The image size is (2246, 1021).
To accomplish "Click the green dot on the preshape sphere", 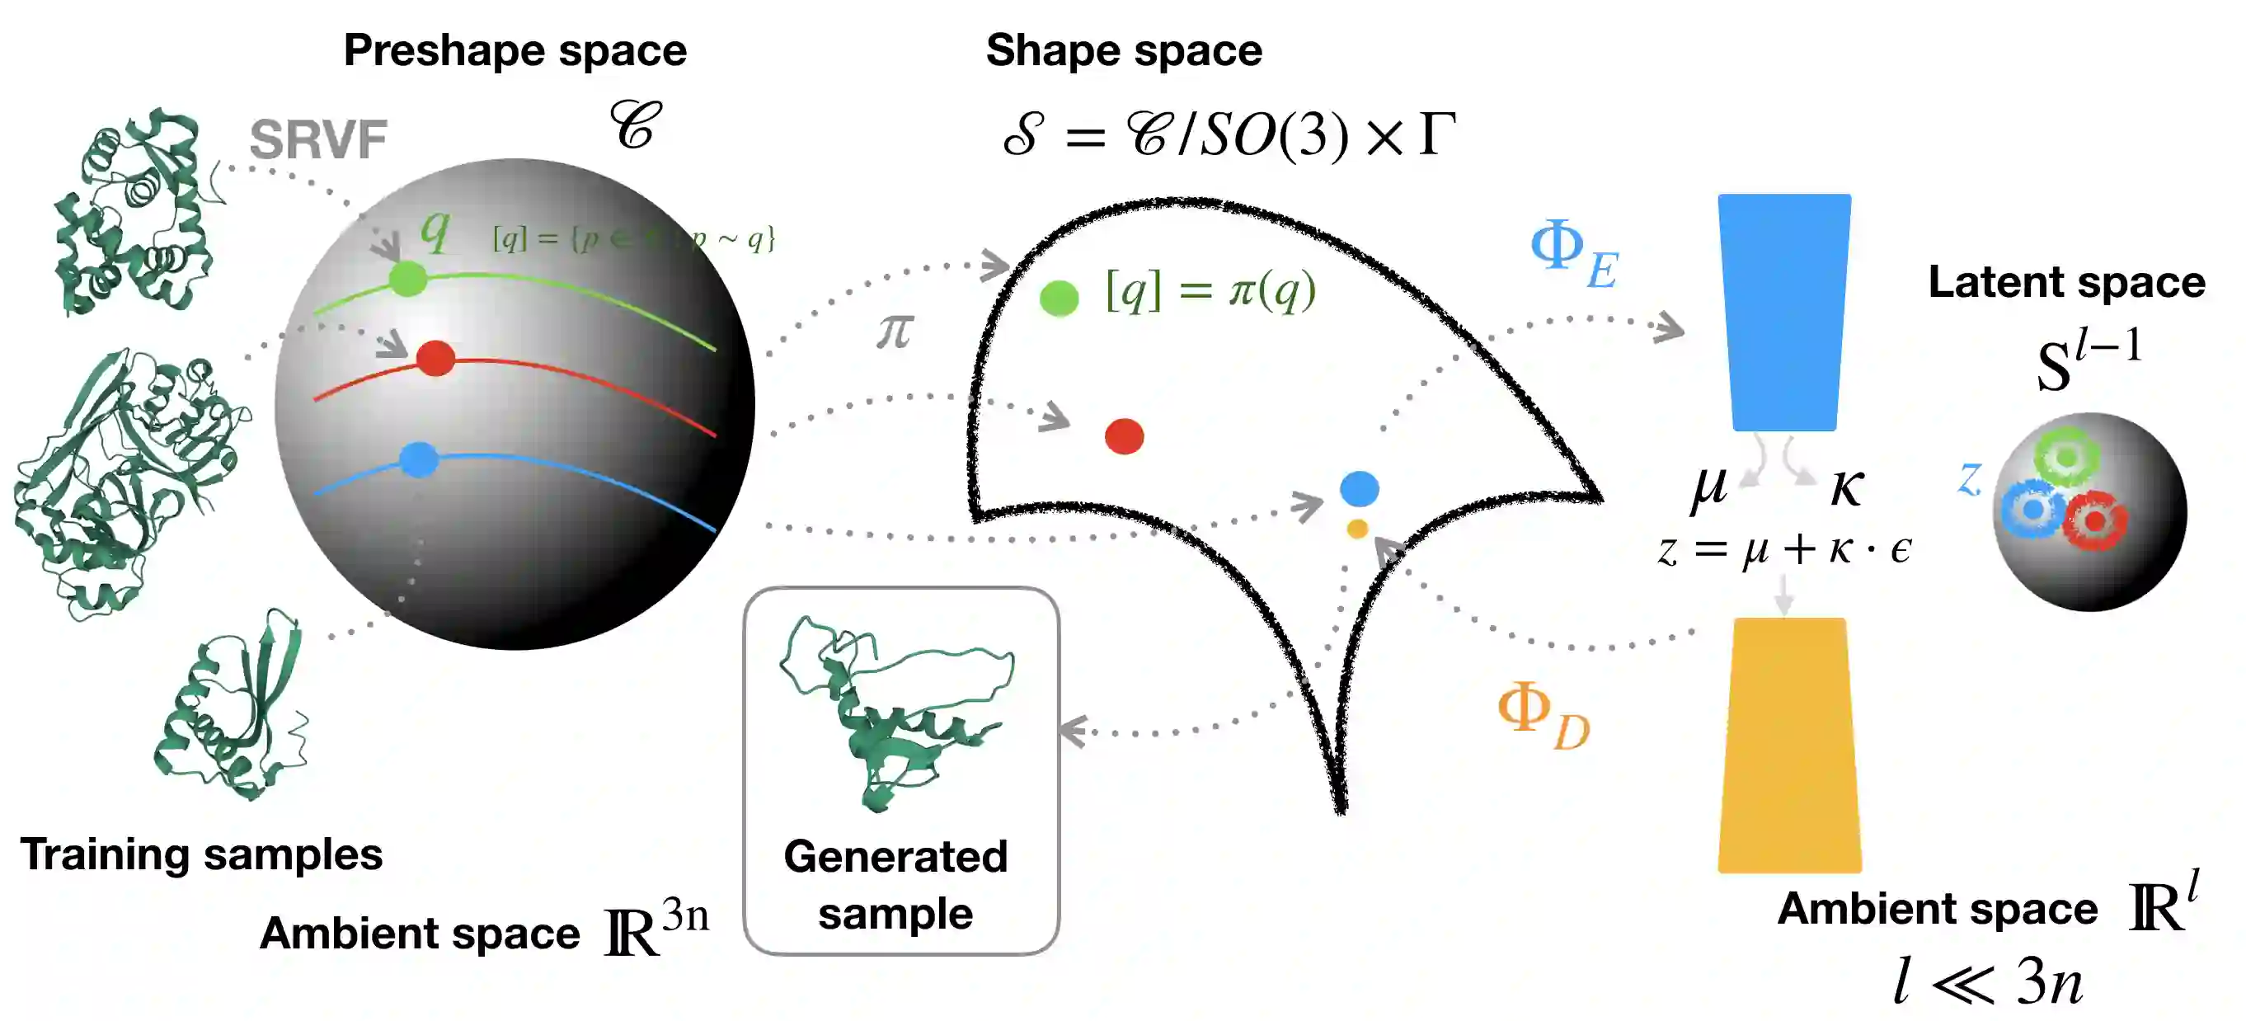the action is (x=407, y=279).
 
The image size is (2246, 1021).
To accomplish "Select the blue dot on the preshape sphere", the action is (x=420, y=459).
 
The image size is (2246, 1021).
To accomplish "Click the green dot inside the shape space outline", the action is (x=1060, y=299).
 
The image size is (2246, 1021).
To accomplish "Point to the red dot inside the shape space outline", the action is (x=1124, y=436).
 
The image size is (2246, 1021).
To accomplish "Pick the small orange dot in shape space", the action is (x=1356, y=529).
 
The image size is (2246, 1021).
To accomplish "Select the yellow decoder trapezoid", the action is (x=1789, y=746).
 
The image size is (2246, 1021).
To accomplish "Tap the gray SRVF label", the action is (x=318, y=139).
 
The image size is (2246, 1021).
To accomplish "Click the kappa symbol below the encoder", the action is (x=1847, y=487).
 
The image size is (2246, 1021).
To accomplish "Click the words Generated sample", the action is (x=895, y=884).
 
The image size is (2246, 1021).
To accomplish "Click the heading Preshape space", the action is (x=515, y=49).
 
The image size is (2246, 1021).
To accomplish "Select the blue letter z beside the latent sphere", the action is (x=1969, y=478).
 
